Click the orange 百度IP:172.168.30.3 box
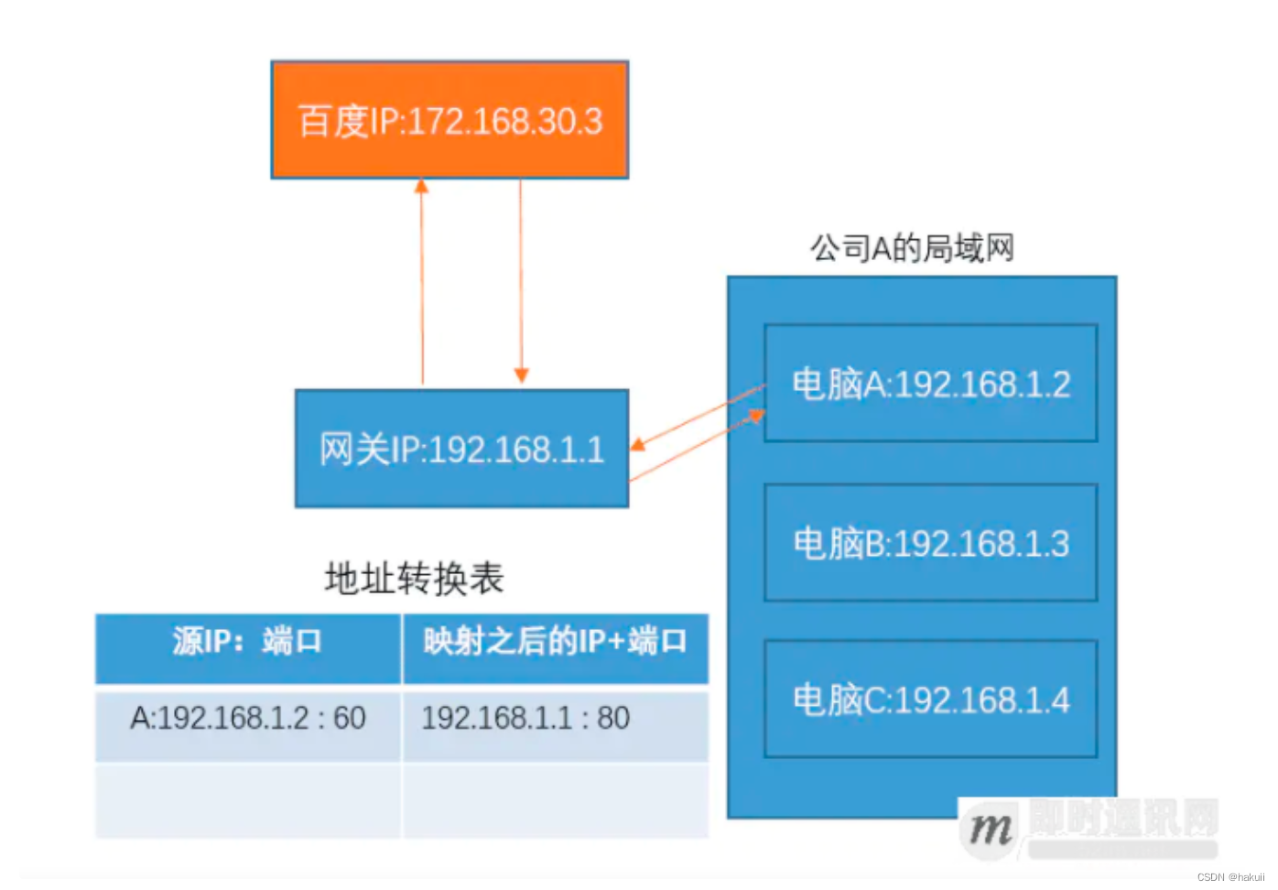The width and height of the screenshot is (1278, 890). (449, 120)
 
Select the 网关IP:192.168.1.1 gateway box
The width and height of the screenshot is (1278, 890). (461, 449)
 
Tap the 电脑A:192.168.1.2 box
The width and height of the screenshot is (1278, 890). (930, 384)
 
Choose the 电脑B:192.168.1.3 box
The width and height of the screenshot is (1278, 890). (930, 543)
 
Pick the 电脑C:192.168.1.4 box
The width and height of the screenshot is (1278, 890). (930, 700)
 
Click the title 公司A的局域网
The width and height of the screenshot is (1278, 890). (912, 248)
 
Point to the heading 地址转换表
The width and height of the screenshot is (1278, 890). (414, 579)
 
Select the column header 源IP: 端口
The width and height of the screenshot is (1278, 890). (247, 641)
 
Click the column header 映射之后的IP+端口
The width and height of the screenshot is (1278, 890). (555, 641)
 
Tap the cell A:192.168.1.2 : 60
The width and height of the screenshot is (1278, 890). (247, 719)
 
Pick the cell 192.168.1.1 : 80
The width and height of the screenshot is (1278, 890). (525, 719)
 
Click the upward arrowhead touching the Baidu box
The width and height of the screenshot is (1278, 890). (421, 186)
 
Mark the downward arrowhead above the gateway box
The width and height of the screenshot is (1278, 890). (521, 375)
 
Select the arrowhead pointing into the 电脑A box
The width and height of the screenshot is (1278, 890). (756, 417)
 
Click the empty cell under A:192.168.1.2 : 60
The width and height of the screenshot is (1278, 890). (247, 800)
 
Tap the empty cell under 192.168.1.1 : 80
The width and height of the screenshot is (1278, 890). (555, 800)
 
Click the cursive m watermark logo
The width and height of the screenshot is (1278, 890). (990, 829)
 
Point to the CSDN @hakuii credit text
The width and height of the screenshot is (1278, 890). (1230, 877)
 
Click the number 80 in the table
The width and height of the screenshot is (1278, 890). (613, 719)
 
